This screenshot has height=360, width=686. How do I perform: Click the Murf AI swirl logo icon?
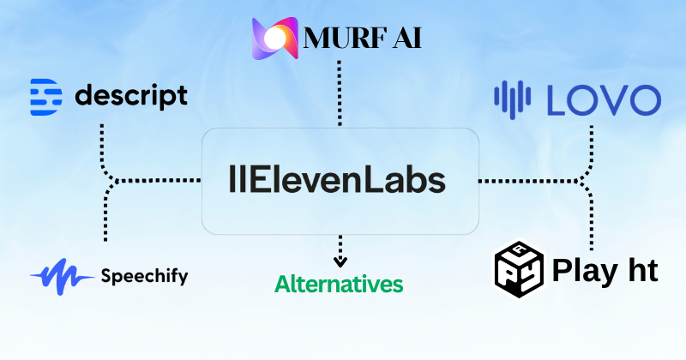point(276,38)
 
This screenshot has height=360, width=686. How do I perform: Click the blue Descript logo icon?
point(45,95)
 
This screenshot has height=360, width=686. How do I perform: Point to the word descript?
point(131,96)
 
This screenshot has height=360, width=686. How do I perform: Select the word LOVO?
point(604,99)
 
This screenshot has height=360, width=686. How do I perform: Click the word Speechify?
point(144,276)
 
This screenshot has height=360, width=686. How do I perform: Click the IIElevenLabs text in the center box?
point(339,181)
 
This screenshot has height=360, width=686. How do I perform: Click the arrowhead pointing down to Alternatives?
point(340,260)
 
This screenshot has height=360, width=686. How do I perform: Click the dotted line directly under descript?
point(103,141)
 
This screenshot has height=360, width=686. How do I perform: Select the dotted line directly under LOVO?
point(591,141)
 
